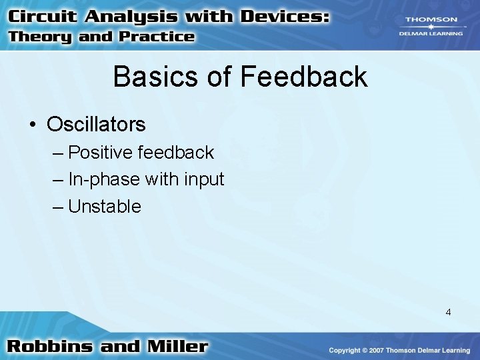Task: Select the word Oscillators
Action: tap(96, 124)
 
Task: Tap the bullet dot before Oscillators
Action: tap(33, 125)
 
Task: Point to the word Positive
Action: tap(101, 153)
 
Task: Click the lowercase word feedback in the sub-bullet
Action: tap(176, 153)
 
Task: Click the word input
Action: tap(205, 179)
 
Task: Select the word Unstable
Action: tap(105, 206)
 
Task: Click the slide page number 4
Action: tap(448, 311)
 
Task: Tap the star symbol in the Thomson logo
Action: tap(431, 27)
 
